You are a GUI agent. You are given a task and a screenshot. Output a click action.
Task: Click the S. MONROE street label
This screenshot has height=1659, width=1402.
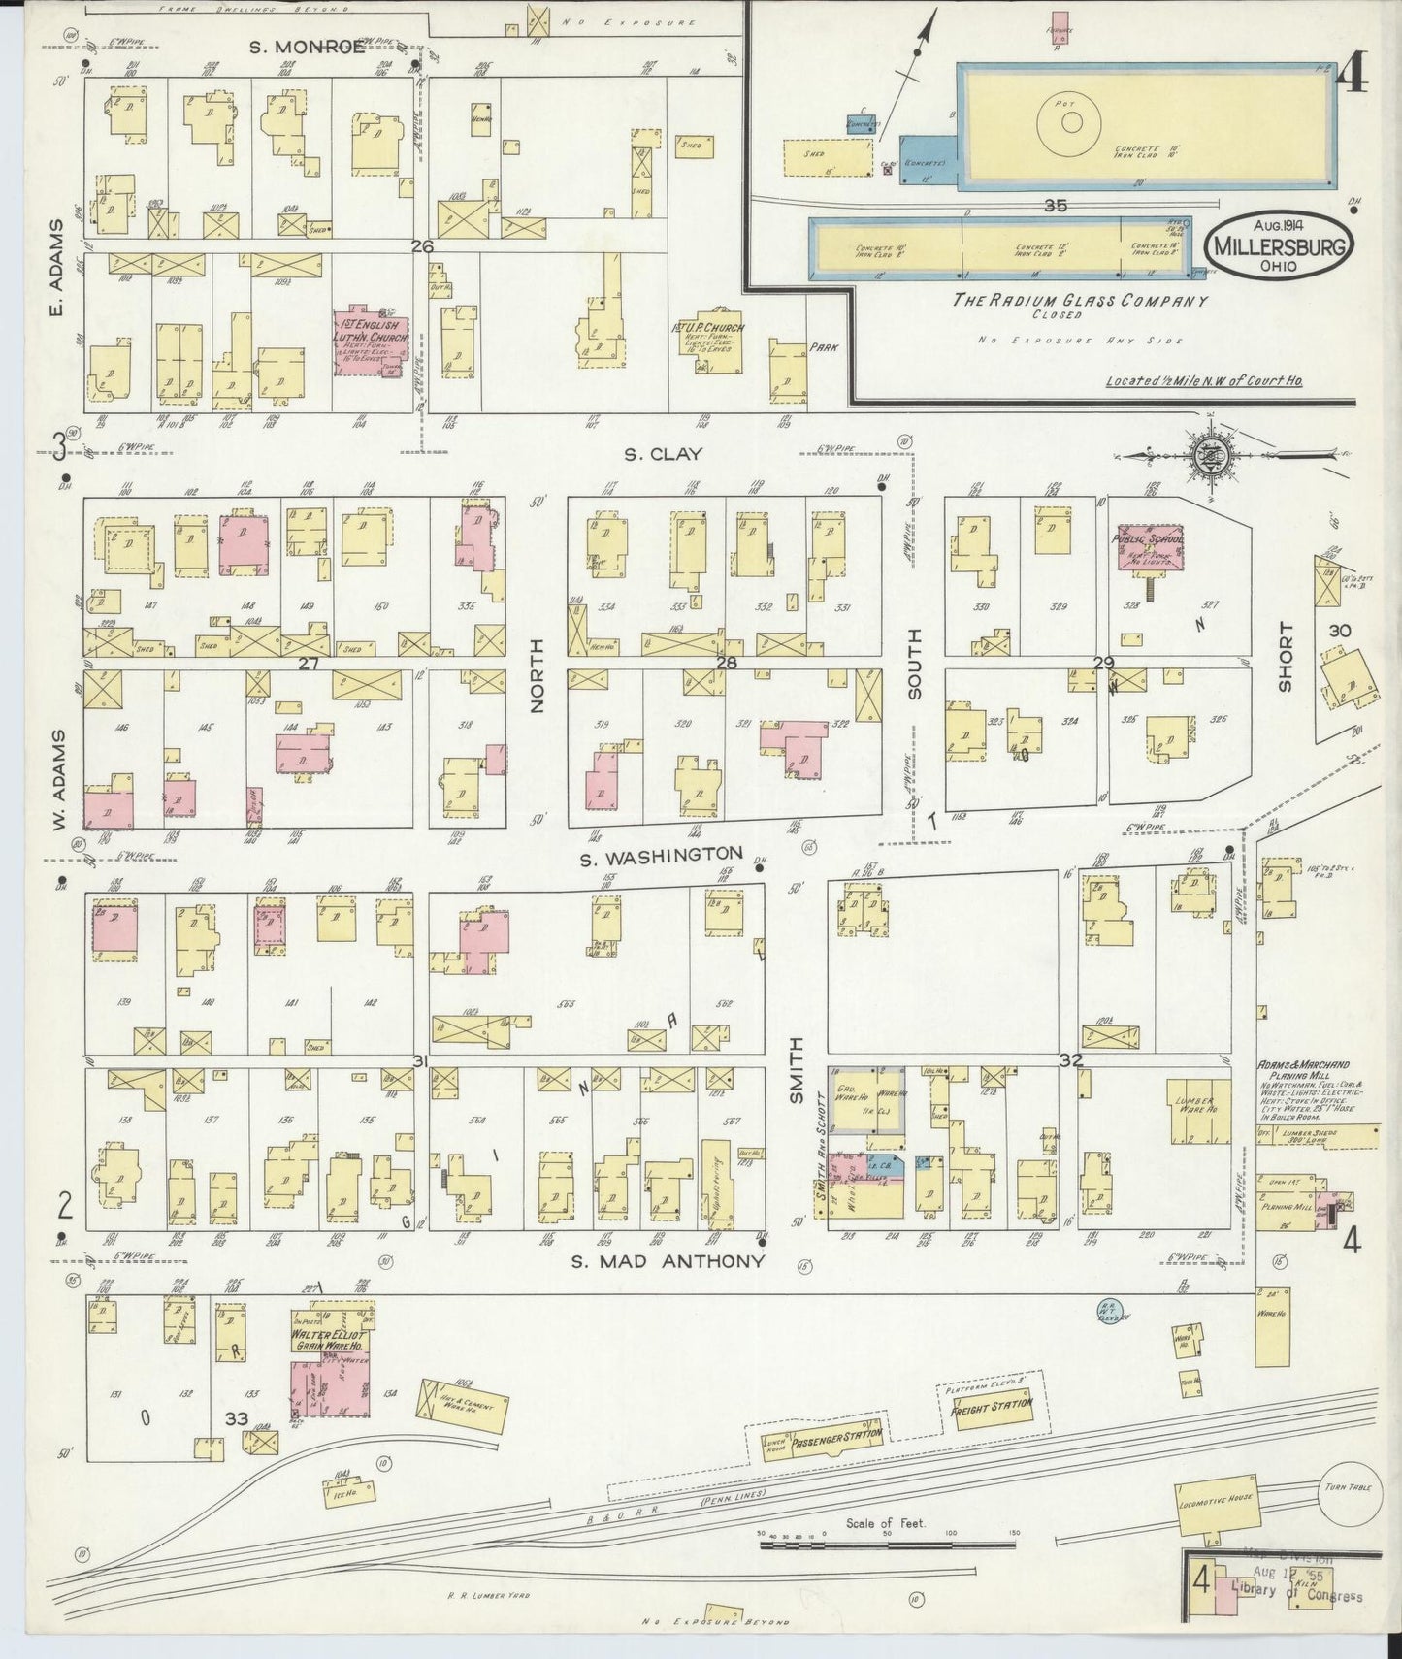point(307,45)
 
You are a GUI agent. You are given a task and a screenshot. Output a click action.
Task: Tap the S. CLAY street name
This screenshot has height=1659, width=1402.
point(664,454)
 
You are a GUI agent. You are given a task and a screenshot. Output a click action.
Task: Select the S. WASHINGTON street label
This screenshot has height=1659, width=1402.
point(662,854)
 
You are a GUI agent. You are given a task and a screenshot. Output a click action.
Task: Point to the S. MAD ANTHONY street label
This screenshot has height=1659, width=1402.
point(668,1262)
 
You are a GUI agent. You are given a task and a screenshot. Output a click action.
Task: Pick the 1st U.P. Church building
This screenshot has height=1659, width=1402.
point(711,345)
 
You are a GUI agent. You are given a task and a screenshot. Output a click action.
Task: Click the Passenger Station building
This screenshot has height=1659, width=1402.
point(822,1438)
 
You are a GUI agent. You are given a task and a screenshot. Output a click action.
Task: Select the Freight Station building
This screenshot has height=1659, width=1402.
point(991,1404)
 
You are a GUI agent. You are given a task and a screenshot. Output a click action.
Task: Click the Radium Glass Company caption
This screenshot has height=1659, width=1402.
point(1080,301)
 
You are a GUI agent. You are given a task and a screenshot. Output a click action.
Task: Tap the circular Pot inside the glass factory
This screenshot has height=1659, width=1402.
point(1071,121)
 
